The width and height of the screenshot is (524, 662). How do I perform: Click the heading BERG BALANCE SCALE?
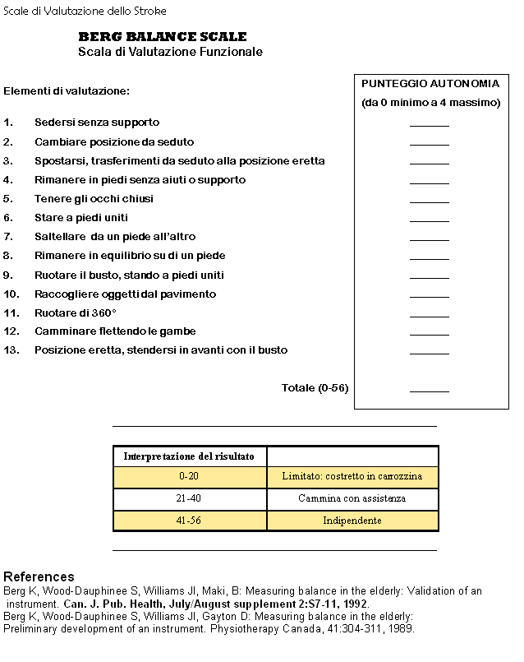coord(163,37)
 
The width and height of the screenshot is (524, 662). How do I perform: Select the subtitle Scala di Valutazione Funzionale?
coord(170,52)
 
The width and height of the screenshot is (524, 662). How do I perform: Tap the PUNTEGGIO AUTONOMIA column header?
coord(430,84)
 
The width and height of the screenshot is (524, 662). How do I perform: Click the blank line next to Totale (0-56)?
coord(430,390)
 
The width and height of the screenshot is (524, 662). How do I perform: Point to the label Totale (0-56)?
coord(315,388)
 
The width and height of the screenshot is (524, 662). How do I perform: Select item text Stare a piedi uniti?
coord(81,218)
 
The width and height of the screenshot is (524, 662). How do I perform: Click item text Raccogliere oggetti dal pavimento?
coord(125,294)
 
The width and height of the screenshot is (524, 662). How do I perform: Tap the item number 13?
coord(11,350)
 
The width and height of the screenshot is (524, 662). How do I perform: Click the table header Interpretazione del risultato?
coord(189,456)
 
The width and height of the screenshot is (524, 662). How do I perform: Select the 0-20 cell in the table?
coord(189,477)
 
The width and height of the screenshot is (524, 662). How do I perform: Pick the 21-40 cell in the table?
coord(189,499)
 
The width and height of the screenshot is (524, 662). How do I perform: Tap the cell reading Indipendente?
coord(352,521)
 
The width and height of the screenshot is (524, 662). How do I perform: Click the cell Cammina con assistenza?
coord(352,499)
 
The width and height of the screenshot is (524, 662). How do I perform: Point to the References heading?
coord(39,577)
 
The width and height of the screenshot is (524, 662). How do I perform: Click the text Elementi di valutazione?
coord(67,90)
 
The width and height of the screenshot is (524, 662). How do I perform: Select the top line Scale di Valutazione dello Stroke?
coord(85,12)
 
